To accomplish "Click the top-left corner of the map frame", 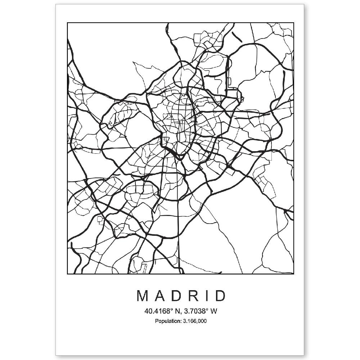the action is (x=67, y=23).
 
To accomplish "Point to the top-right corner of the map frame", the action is (x=294, y=23).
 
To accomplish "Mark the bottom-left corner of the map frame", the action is (x=67, y=274).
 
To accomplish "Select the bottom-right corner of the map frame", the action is (x=294, y=274).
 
